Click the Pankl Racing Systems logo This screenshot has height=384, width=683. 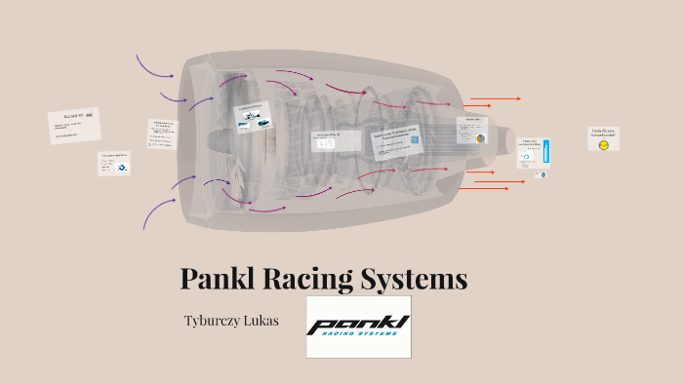pos(358,326)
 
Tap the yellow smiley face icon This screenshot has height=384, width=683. pos(604,144)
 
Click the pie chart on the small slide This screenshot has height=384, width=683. pos(480,138)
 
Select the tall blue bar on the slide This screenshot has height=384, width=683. pos(547,151)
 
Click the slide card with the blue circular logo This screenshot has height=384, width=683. pos(114,163)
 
